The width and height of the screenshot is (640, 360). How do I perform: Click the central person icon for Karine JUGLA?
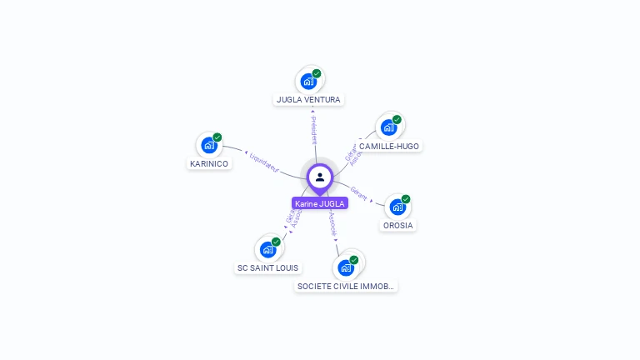[x=319, y=177]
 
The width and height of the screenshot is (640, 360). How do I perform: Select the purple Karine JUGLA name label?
[x=319, y=203]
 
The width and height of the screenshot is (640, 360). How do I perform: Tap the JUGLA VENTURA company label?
[x=308, y=100]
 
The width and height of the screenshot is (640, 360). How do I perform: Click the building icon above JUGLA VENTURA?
[x=308, y=82]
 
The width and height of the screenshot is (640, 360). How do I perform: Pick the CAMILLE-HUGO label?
[x=389, y=146]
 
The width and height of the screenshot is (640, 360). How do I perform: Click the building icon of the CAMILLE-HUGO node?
[x=388, y=127]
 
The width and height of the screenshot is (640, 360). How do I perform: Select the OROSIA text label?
[x=398, y=225]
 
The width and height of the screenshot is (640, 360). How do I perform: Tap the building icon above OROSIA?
[x=397, y=207]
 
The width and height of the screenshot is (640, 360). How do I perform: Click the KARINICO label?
[x=208, y=163]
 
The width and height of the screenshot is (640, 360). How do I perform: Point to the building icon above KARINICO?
[x=208, y=145]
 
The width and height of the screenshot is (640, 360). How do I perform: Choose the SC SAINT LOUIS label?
[x=268, y=267]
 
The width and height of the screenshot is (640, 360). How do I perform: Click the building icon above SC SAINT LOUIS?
[x=267, y=249]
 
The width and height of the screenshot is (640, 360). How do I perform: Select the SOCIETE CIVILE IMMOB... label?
[x=346, y=286]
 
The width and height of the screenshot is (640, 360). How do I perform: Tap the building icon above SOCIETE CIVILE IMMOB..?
[x=346, y=267]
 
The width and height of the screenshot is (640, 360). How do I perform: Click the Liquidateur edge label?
[x=263, y=162]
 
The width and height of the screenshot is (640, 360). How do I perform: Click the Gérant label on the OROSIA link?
[x=359, y=192]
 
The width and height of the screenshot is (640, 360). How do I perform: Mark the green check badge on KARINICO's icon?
[x=217, y=137]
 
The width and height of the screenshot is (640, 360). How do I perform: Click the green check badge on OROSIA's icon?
[x=406, y=199]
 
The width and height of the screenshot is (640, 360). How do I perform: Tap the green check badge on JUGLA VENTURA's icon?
[x=317, y=73]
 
